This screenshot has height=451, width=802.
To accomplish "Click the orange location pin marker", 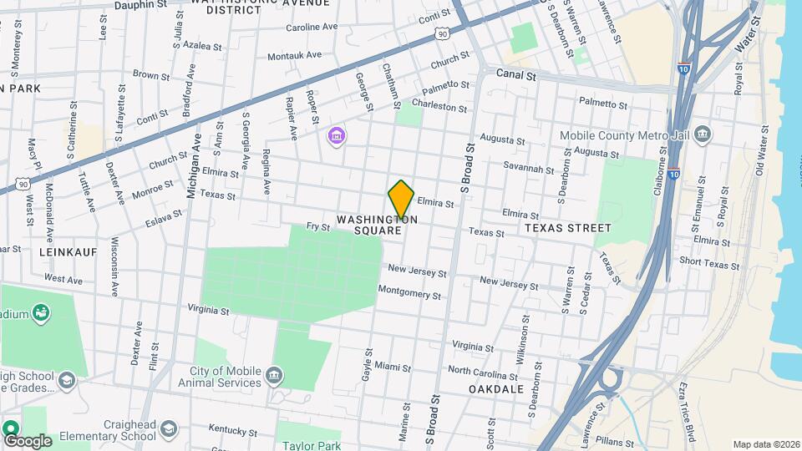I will (x=401, y=200).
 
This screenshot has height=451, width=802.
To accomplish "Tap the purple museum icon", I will (x=336, y=135).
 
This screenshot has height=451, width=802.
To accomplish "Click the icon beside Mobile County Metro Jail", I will (x=703, y=134).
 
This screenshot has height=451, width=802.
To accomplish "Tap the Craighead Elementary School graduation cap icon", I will (x=170, y=429).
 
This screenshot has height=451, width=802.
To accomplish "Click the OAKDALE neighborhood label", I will (x=496, y=389).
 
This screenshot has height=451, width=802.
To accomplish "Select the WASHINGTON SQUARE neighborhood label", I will (x=377, y=225).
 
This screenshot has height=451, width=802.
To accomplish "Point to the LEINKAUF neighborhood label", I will (x=69, y=251).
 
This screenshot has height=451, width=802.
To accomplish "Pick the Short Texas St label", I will (x=709, y=264).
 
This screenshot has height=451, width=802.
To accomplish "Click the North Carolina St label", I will (x=485, y=370).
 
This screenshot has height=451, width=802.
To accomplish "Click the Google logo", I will (x=28, y=440).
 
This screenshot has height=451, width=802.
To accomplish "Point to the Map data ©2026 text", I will (x=766, y=444).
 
